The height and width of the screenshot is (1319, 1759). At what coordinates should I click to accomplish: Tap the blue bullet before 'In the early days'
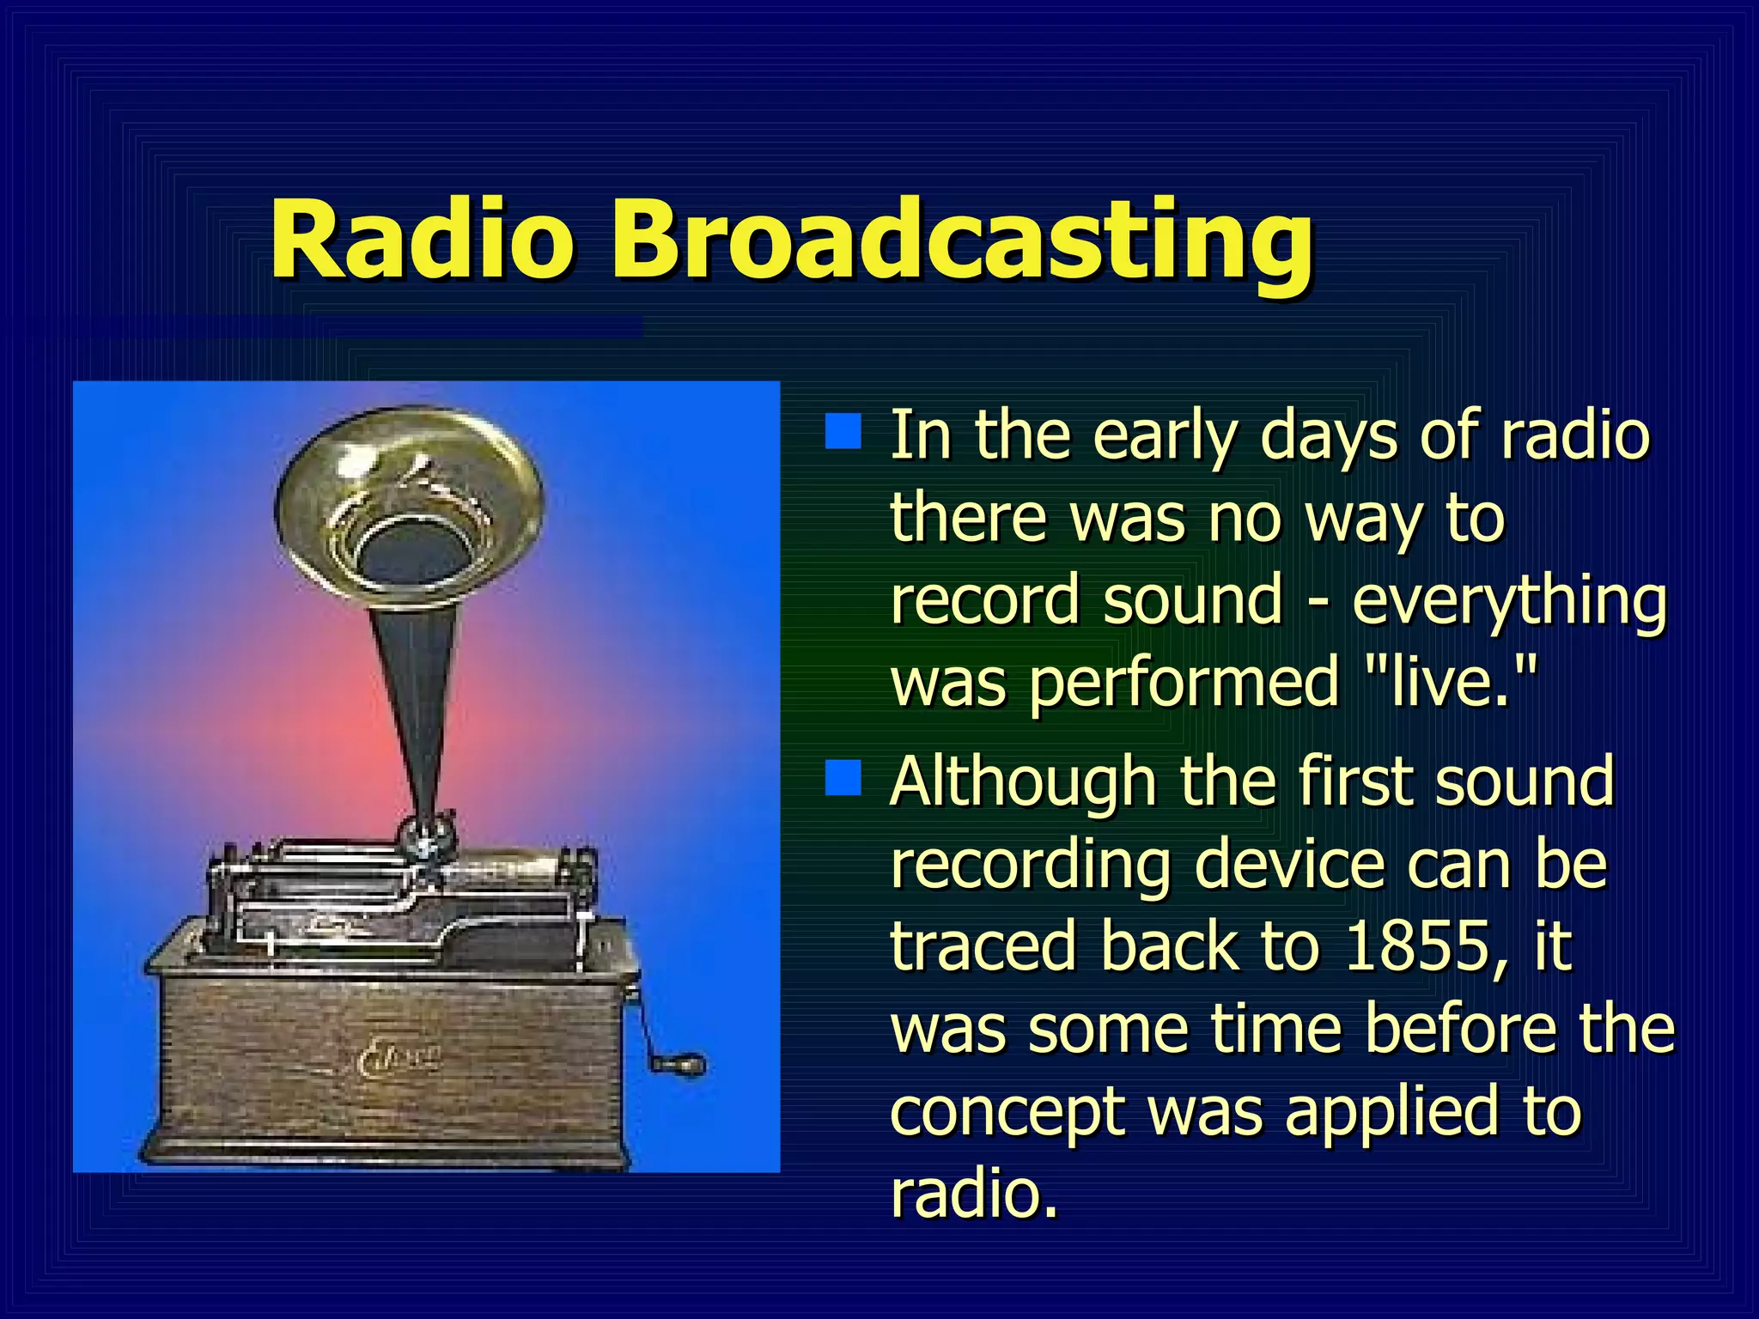pyautogui.click(x=843, y=432)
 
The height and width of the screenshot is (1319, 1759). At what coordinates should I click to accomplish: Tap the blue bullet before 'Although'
pyautogui.click(x=843, y=777)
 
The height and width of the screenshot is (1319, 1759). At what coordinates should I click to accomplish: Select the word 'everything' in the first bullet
pyautogui.click(x=1509, y=601)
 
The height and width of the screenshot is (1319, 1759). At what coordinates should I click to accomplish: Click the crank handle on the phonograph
pyautogui.click(x=679, y=1065)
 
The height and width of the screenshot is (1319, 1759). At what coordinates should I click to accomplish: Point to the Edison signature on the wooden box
pyautogui.click(x=399, y=1061)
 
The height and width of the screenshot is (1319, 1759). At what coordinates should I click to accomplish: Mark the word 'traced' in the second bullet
pyautogui.click(x=983, y=945)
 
